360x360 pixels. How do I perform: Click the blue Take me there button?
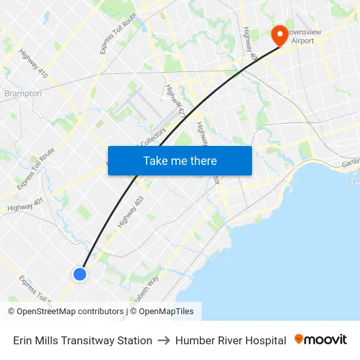(x=180, y=160)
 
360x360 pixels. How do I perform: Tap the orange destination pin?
(x=280, y=35)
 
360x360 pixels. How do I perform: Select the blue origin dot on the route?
(x=79, y=274)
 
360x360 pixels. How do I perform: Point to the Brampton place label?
(x=23, y=94)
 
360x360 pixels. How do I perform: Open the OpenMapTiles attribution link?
(x=166, y=312)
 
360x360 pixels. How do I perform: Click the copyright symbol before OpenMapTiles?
(x=133, y=312)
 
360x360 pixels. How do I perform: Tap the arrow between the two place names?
(x=164, y=340)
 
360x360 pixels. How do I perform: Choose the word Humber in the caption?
(x=193, y=340)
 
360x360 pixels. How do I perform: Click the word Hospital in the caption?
(x=264, y=340)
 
